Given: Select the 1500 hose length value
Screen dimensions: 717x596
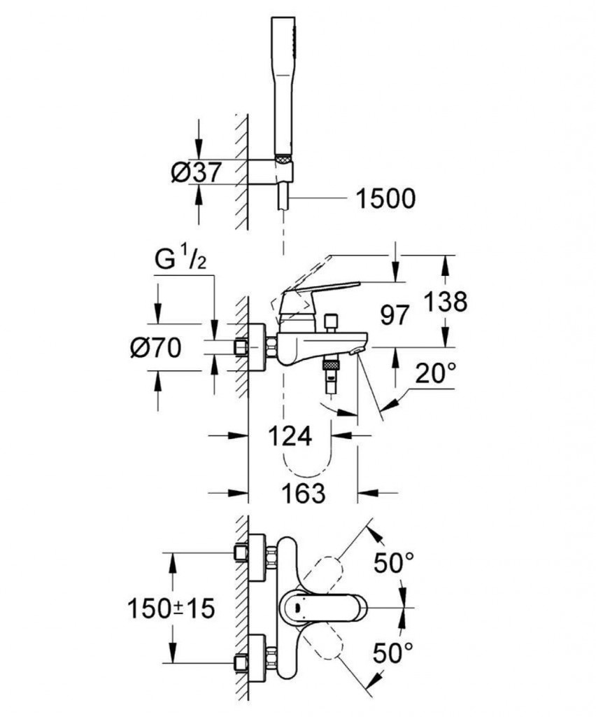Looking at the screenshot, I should (x=385, y=199).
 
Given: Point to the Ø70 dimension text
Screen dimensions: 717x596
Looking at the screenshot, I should (x=156, y=347).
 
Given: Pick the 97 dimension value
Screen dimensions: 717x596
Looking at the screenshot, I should (x=395, y=315).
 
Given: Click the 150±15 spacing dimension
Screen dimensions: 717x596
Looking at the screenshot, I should (x=170, y=608).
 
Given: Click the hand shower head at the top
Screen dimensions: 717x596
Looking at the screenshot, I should (x=283, y=84).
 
